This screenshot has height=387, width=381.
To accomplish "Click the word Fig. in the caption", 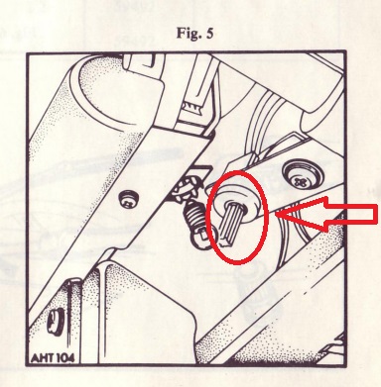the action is tap(188, 34).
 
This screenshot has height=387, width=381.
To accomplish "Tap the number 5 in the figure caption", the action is tap(209, 34).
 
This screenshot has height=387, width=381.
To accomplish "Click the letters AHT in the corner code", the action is tap(42, 358).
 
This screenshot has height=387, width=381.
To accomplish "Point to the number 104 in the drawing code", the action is tap(64, 358).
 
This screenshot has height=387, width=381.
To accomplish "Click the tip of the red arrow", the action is tap(276, 214).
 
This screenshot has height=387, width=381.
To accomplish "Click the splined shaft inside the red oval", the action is tap(232, 224).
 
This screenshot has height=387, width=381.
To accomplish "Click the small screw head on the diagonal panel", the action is tap(129, 201).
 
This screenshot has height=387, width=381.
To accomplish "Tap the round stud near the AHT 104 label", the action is tap(54, 322).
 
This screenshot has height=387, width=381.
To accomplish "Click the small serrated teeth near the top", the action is tap(191, 106).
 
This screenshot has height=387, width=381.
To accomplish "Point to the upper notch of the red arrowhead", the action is tap(325, 198).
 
